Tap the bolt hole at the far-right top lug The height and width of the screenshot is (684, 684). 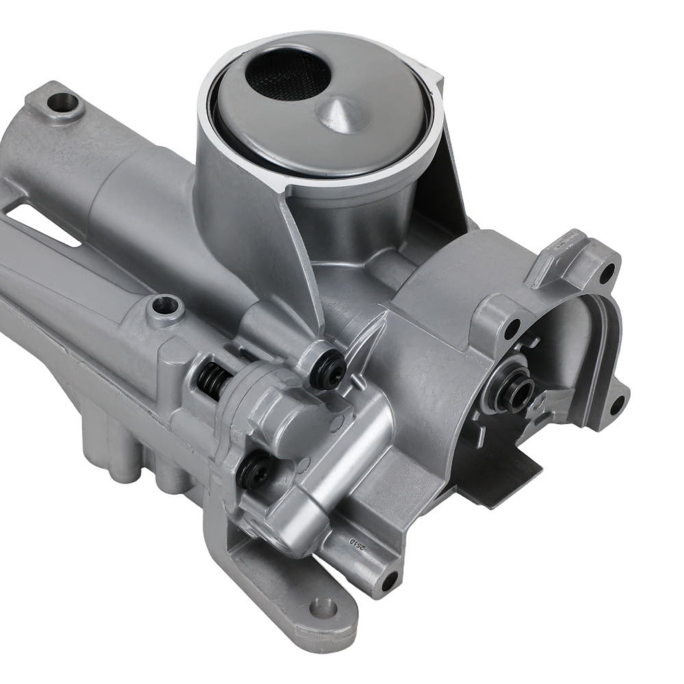pyautogui.click(x=606, y=274)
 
